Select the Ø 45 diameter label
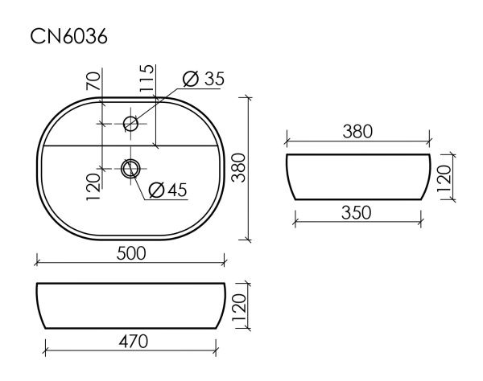click(167, 190)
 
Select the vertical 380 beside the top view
click(237, 168)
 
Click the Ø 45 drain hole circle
click(130, 168)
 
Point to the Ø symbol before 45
click(156, 190)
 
